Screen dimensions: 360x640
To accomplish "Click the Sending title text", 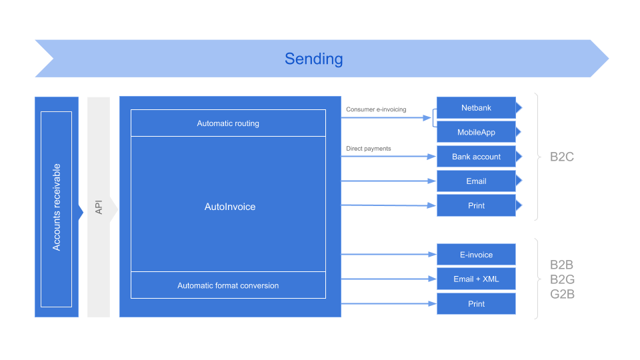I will (x=313, y=59).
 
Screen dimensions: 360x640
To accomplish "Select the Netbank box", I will (x=476, y=108).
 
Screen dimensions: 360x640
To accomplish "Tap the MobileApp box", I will (x=476, y=132).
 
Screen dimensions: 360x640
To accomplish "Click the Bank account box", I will (x=476, y=157).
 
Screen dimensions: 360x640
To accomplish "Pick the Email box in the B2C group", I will (x=476, y=181).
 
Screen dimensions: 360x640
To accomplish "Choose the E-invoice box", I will (x=476, y=255).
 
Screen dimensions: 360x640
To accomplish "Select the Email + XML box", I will (x=476, y=279).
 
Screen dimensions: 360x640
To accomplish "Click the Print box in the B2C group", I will (x=476, y=205).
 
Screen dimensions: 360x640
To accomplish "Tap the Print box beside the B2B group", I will (x=476, y=303).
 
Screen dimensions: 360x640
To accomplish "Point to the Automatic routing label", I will (x=228, y=123).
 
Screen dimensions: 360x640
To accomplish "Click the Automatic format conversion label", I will (x=228, y=285).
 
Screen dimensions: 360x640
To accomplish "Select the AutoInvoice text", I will (x=229, y=207).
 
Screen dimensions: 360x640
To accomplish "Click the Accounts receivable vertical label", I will (x=57, y=207).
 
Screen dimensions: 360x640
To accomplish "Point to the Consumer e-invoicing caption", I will (x=376, y=109).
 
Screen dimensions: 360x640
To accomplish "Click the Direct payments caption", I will (x=369, y=148).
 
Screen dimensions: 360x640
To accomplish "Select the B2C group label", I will (x=562, y=157).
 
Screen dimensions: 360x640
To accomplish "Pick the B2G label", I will (x=562, y=279).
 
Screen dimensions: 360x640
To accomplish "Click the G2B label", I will (x=562, y=294).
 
